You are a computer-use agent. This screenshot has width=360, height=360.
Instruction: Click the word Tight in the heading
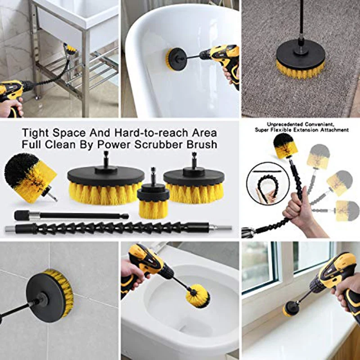click(x=35, y=133)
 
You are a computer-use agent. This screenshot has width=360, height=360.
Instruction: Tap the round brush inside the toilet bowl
click(x=198, y=296)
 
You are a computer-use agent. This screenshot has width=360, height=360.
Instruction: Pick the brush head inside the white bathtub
click(x=176, y=59)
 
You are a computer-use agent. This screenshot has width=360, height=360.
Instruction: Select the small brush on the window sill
click(x=289, y=309)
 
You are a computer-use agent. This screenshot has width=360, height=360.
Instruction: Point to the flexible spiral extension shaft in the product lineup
click(x=118, y=228)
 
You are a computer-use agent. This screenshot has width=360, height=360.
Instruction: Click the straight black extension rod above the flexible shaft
click(x=72, y=216)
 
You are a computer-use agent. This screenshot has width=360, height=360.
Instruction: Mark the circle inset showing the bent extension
click(x=268, y=184)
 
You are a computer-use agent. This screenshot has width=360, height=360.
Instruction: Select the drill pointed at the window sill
click(x=337, y=283)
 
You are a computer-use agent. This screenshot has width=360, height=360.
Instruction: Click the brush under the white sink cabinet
click(x=70, y=49)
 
